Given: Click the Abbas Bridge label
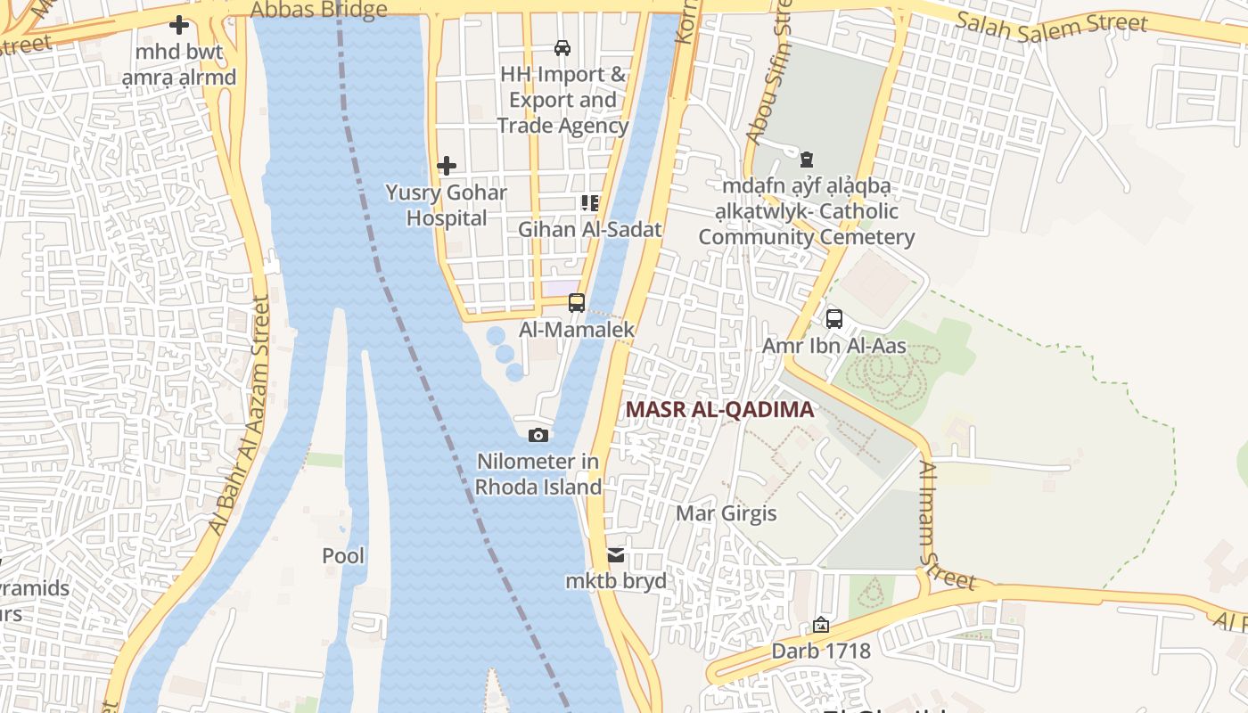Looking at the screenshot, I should coord(319,10).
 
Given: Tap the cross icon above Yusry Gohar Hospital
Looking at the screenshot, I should coord(447,166).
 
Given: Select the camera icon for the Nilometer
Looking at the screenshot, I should coord(538,435).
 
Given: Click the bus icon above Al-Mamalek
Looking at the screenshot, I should coord(577,303).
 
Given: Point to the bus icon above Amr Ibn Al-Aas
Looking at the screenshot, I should coord(834,319).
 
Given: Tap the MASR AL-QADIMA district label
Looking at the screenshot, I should coord(719,409).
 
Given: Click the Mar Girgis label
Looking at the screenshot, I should coord(726,513).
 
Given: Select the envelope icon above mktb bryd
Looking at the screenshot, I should coord(616,555).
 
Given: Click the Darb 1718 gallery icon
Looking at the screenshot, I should coord(821,626).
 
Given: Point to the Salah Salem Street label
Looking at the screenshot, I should coord(1051,21).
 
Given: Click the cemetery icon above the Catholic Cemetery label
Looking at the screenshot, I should coord(807,160).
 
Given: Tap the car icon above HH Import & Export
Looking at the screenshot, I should coord(562,47).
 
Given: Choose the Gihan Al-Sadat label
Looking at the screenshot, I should coord(590,229).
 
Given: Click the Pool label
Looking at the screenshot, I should coord(343,556).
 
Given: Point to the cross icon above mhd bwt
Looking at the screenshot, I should coord(179,26).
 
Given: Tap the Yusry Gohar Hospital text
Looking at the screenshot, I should coord(446,205).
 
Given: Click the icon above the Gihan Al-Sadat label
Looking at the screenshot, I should coord(589,203).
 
